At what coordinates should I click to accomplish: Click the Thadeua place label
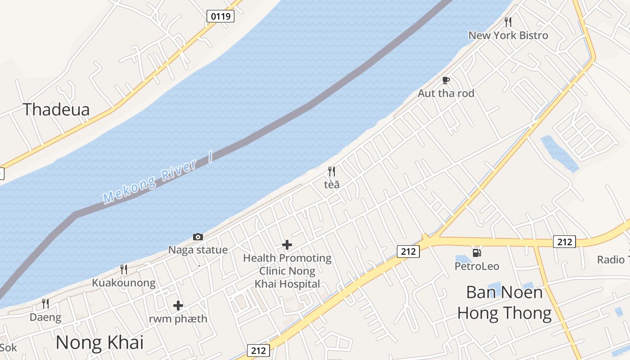point(56,109)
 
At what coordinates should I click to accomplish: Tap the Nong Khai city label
point(99,343)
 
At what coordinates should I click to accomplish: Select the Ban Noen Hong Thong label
point(504,303)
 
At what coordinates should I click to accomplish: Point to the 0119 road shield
point(220,17)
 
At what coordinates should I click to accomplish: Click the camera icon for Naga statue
point(198,237)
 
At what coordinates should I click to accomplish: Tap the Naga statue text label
point(198,250)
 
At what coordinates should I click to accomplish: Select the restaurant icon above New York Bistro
point(508,22)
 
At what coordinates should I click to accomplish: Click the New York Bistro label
point(508,36)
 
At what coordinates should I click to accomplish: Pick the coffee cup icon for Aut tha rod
point(446,80)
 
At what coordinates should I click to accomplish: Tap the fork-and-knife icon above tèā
point(332,171)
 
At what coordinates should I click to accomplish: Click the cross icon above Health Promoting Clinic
point(287,245)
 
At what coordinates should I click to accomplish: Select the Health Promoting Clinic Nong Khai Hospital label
point(287,271)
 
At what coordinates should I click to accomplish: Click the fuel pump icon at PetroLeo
point(477,253)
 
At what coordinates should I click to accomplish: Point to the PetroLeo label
point(477,266)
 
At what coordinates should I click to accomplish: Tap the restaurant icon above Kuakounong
point(124,269)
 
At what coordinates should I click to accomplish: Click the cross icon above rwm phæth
point(178,306)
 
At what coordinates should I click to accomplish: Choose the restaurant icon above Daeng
point(45,304)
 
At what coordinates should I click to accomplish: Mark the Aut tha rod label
point(446,94)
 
